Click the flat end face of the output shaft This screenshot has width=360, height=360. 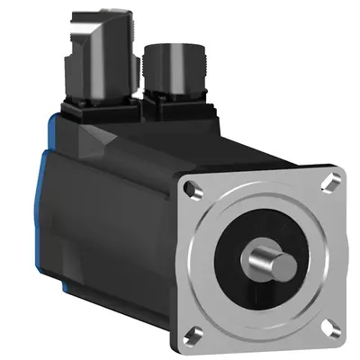pos(283,266)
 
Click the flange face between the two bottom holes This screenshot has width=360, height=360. pos(263,340)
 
